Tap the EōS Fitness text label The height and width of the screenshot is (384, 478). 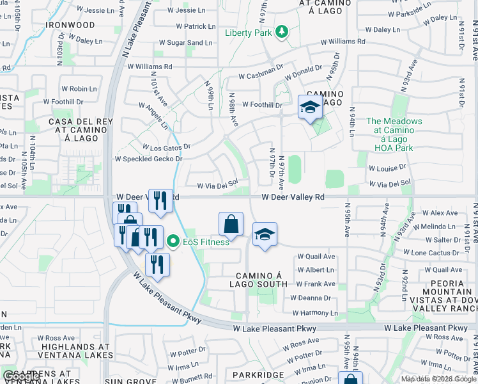coord(206,241)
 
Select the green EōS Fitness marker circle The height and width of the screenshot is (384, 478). coord(173,241)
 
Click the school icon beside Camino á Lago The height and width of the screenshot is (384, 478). coord(310,107)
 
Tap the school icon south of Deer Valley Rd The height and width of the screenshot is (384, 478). coord(265,234)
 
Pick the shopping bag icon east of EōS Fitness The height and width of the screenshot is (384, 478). coord(231,225)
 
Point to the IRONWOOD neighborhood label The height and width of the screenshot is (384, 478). coord(70,25)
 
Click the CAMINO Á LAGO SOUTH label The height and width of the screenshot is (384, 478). coord(256,279)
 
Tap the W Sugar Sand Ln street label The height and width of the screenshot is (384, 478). coord(185,43)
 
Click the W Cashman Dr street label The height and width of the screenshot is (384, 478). coord(261,76)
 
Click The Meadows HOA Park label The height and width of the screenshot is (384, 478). coord(394,134)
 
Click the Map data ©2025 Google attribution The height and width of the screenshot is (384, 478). coord(438,379)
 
